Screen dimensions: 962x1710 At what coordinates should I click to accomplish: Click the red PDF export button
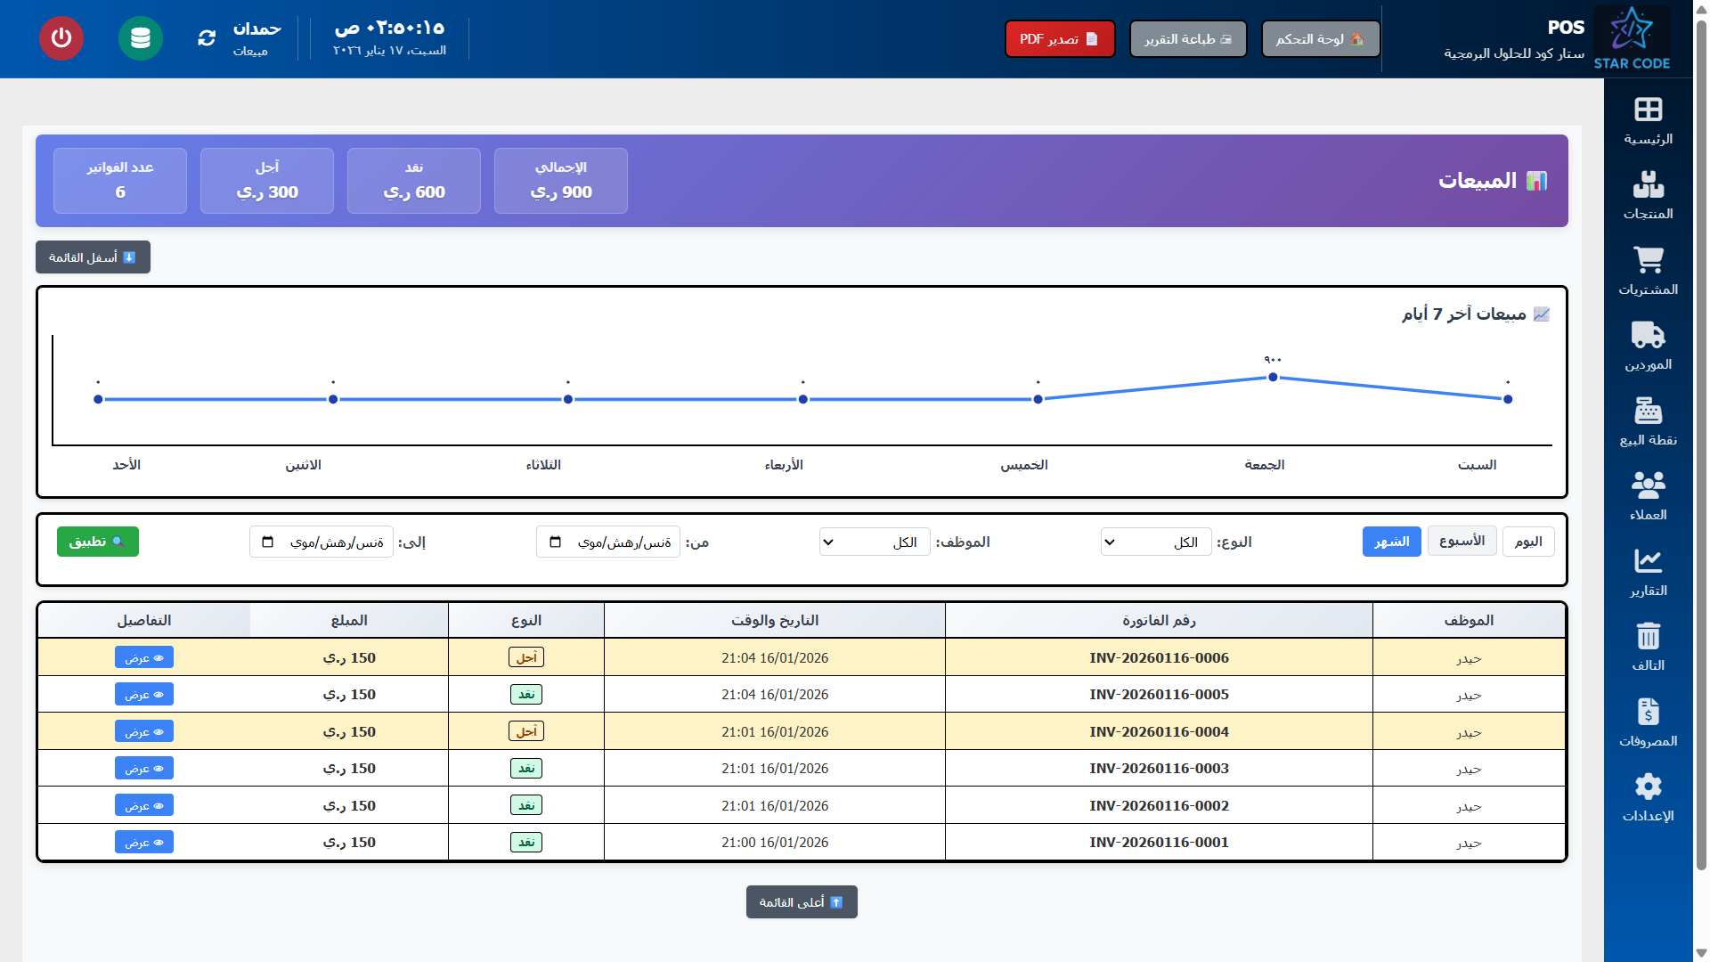[x=1059, y=39]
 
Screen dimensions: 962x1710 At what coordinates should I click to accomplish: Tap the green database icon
[x=141, y=38]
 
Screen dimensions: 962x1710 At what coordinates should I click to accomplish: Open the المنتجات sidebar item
[x=1648, y=195]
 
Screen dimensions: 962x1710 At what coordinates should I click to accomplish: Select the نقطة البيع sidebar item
[x=1648, y=421]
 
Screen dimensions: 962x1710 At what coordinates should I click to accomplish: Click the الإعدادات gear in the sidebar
[x=1648, y=797]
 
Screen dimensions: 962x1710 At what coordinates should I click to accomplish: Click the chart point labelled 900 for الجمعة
[x=1273, y=377]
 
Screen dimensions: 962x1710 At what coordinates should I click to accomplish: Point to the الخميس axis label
[x=1023, y=465]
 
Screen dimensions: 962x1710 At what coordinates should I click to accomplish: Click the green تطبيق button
[x=98, y=542]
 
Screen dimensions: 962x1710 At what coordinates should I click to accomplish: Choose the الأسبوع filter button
[x=1462, y=541]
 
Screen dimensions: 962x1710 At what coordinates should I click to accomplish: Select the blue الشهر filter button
[x=1391, y=542]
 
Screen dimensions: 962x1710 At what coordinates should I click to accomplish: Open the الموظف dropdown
[x=874, y=542]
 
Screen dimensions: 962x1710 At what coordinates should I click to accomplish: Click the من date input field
[x=608, y=542]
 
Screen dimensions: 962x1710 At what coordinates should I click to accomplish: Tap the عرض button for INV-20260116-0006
[x=144, y=657]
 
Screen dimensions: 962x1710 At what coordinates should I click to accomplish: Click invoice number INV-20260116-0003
[x=1159, y=768]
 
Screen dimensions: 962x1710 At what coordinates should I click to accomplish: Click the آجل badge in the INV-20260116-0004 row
[x=526, y=731]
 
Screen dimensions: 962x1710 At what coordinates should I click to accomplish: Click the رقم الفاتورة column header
[x=1159, y=620]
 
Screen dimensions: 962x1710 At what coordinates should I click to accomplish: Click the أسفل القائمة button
[x=93, y=257]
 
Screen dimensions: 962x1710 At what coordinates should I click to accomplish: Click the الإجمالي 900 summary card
[x=561, y=181]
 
